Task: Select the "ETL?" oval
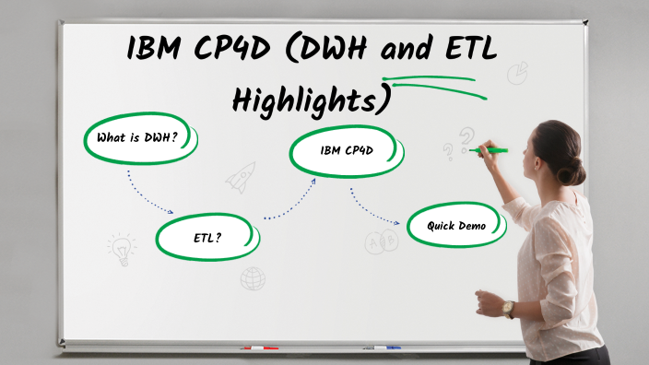(207, 238)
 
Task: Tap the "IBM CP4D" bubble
(347, 149)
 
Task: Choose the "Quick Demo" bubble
(456, 226)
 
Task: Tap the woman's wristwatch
(508, 308)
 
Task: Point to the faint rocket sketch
(242, 176)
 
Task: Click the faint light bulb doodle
(121, 248)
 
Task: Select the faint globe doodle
(253, 278)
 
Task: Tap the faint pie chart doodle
(517, 72)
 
